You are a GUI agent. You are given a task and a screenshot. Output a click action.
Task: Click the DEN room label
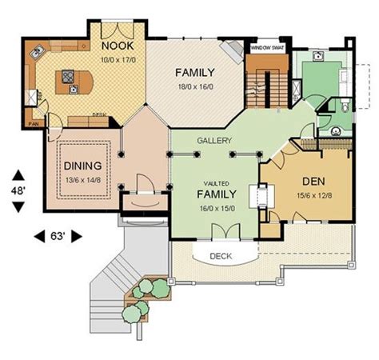click(x=313, y=182)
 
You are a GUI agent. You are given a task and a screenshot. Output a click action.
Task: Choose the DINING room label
click(x=82, y=166)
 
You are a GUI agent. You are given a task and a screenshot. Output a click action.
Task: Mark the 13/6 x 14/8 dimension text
click(x=82, y=180)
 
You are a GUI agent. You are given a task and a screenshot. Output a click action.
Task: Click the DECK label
click(x=221, y=257)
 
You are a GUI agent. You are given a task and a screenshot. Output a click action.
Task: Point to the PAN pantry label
click(x=34, y=124)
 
